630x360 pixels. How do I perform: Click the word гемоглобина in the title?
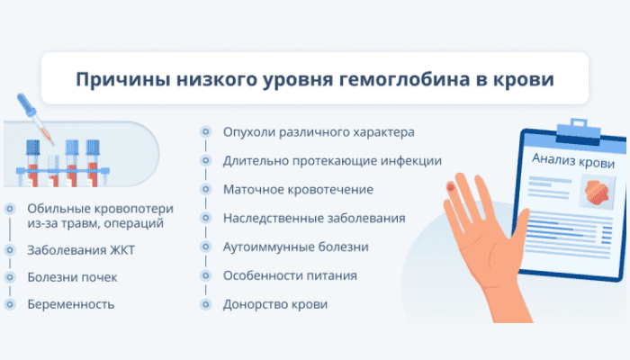(405, 79)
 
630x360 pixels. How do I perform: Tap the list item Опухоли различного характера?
(319, 132)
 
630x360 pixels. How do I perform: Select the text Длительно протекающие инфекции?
(332, 161)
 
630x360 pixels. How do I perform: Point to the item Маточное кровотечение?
(298, 189)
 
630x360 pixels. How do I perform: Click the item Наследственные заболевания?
(314, 218)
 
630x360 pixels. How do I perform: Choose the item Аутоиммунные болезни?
(296, 247)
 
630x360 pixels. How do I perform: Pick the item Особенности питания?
(290, 275)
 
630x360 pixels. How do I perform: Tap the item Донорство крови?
(275, 304)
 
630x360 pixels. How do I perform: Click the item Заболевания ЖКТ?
(81, 250)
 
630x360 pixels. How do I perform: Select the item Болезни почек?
(72, 277)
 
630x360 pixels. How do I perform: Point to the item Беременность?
(71, 304)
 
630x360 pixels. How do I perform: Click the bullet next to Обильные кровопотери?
(10, 209)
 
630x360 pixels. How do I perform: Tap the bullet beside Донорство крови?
(206, 304)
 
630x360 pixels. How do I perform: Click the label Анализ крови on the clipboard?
(573, 160)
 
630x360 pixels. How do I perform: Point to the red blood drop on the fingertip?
(451, 187)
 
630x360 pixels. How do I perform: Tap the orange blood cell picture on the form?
(598, 192)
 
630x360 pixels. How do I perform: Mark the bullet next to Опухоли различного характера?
(206, 131)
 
